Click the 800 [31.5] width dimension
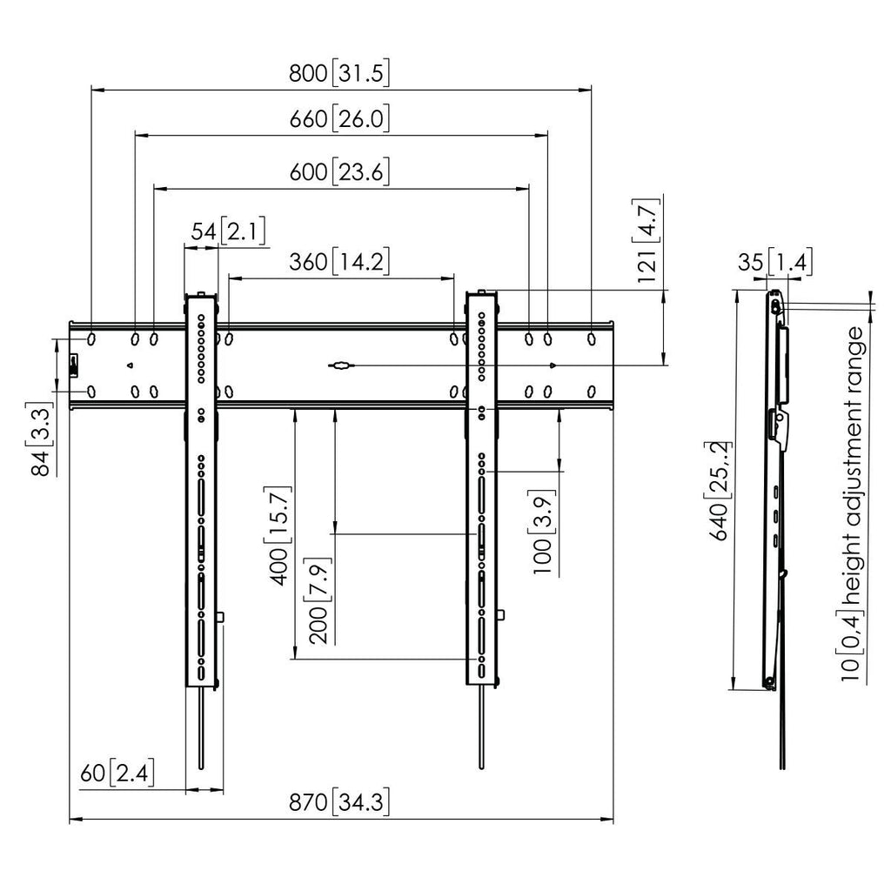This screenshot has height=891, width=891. tap(339, 73)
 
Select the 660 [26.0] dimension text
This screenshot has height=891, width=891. tap(339, 119)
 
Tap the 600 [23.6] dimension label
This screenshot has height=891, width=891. tap(339, 171)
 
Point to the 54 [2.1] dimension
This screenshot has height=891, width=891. tap(228, 231)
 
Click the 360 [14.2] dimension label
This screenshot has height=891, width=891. tap(339, 262)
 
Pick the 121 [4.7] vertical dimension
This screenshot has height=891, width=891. tap(646, 240)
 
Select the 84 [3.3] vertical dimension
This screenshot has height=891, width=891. tap(40, 439)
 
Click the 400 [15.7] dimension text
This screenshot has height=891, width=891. tap(278, 536)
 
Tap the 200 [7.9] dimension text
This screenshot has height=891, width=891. tap(318, 600)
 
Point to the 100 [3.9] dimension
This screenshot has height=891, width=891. tap(543, 533)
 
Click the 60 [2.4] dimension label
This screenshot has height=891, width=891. tap(117, 773)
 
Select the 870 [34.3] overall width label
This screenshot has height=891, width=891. tap(339, 802)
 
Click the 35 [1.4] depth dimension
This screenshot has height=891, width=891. tap(775, 262)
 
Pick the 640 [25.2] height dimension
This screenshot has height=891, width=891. tap(718, 491)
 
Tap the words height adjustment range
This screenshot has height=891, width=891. tap(854, 466)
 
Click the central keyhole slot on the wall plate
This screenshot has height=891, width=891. tap(341, 366)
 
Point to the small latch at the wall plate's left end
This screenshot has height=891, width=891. tap(74, 365)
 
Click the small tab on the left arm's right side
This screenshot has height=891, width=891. tap(221, 617)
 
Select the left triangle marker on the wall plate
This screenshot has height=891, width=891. tap(130, 365)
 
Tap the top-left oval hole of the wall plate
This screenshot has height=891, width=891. tap(90, 339)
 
